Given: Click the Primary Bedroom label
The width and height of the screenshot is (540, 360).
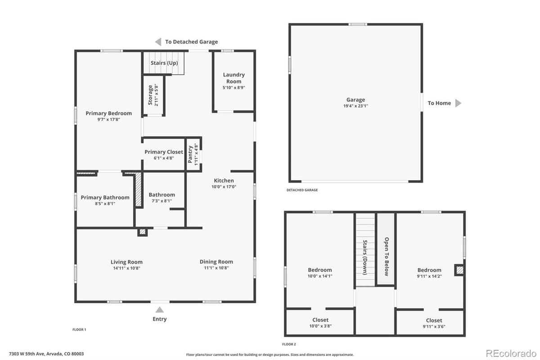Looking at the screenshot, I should (x=109, y=113).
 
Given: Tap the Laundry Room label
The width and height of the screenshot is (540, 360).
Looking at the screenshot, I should (x=234, y=78).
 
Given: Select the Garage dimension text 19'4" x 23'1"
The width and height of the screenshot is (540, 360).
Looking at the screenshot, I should (x=355, y=106).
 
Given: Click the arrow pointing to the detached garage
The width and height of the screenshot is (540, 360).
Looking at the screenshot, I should (x=158, y=42).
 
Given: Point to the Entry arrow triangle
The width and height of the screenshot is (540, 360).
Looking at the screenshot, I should (x=159, y=310).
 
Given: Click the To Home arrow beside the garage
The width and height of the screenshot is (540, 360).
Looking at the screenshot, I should (x=458, y=103).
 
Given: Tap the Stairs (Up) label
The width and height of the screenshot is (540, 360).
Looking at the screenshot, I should (x=164, y=63).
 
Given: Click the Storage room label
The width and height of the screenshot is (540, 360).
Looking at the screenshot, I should (x=151, y=95).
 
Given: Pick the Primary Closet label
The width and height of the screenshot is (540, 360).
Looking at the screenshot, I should (x=164, y=152).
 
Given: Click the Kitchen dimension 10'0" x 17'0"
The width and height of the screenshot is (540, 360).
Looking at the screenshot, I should (x=224, y=187).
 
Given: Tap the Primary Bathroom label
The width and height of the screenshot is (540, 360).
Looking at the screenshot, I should (x=105, y=198).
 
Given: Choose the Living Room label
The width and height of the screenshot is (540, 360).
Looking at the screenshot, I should (x=126, y=262).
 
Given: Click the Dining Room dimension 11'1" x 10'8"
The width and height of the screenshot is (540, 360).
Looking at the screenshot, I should (x=216, y=268).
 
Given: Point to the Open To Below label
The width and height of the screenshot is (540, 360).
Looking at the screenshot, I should (x=386, y=256).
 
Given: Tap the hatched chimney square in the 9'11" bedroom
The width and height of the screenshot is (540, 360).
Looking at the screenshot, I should (x=459, y=270).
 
